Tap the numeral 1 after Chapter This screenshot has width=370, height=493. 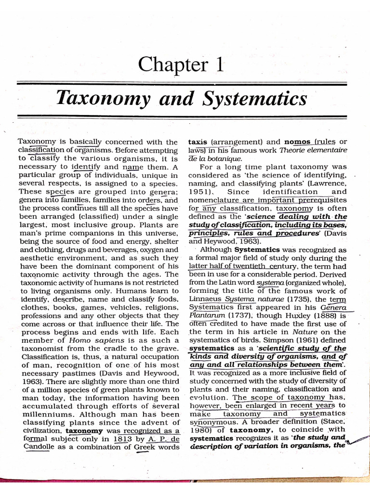[x=220, y=64]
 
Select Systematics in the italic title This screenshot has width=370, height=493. [x=260, y=99]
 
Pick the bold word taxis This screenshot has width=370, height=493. [x=198, y=142]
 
